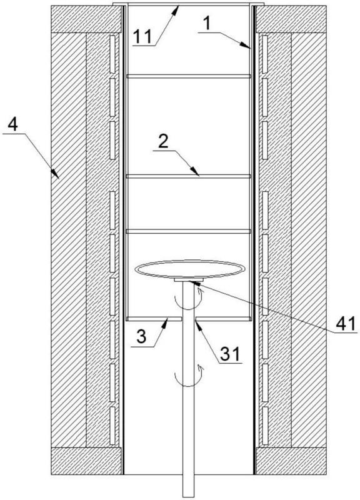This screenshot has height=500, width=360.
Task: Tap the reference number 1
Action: [x=208, y=24]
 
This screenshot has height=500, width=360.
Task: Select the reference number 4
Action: [x=12, y=126]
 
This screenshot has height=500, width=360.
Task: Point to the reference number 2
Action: [x=163, y=142]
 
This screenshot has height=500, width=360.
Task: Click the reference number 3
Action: [x=142, y=336]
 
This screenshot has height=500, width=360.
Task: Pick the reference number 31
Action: [x=230, y=354]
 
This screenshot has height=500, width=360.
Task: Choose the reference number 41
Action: [x=346, y=324]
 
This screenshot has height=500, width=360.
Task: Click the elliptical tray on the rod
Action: [x=190, y=269]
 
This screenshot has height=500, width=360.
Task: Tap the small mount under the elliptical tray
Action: [x=189, y=279]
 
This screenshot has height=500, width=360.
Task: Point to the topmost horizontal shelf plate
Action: [x=189, y=76]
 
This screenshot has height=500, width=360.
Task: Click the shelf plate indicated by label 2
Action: [x=189, y=176]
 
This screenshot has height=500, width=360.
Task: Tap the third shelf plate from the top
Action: [x=189, y=231]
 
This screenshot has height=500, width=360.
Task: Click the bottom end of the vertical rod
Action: [x=189, y=497]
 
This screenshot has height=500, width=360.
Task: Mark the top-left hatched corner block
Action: [x=87, y=19]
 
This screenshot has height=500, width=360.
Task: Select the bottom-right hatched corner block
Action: [x=291, y=461]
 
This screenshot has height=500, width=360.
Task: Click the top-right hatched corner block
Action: [x=291, y=19]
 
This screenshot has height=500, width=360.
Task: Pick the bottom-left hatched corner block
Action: [x=87, y=461]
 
